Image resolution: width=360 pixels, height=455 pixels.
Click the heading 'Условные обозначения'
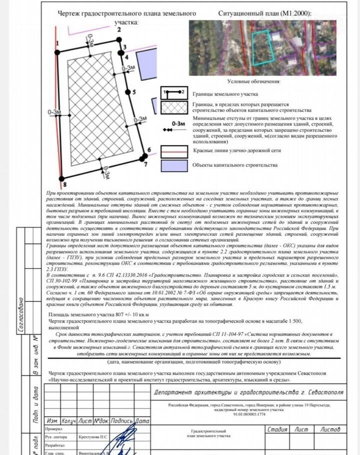coord(253,81)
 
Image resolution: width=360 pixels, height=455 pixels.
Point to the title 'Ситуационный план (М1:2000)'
coord(265,13)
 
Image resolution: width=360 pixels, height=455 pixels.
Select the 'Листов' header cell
coord(330,429)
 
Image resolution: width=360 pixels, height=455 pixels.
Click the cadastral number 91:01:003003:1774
coord(248,414)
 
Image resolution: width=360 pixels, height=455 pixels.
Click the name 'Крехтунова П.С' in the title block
coord(93,437)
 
